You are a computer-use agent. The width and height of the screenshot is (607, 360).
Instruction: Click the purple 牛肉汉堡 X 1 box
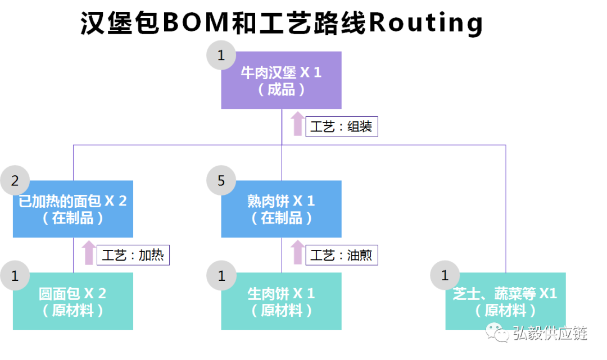click(x=281, y=80)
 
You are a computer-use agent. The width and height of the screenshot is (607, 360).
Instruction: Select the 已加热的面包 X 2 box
click(x=73, y=209)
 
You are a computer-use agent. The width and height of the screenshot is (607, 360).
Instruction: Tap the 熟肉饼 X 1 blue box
click(x=281, y=209)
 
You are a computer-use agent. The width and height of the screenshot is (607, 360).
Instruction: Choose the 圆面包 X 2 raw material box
click(x=73, y=302)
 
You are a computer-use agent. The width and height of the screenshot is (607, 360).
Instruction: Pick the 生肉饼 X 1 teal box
click(x=281, y=302)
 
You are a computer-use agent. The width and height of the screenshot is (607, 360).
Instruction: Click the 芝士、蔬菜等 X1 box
click(x=505, y=302)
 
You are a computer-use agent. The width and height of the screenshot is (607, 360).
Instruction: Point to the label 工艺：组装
click(x=341, y=127)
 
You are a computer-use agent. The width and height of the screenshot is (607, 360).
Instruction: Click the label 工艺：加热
click(x=133, y=256)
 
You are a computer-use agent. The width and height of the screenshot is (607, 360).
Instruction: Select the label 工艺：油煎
click(x=341, y=256)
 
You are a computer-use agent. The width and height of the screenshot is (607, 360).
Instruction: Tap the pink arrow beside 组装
click(x=297, y=124)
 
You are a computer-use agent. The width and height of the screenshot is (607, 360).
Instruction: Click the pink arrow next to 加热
click(x=89, y=253)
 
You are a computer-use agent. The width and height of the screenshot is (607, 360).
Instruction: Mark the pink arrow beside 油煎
click(x=297, y=253)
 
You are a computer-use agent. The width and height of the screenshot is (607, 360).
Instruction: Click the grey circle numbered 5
click(x=221, y=180)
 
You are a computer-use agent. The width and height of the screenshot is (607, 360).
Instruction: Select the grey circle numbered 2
click(x=15, y=180)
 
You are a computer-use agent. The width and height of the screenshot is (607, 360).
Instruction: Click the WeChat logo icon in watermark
click(x=496, y=332)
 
